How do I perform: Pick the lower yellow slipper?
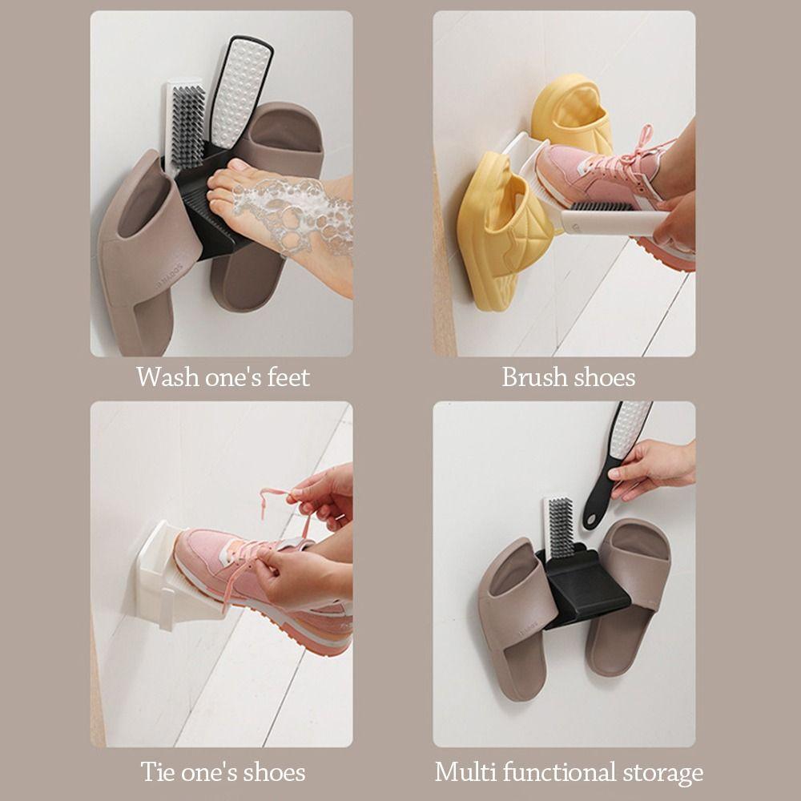[x=501, y=232]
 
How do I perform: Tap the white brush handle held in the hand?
[x=609, y=221]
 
